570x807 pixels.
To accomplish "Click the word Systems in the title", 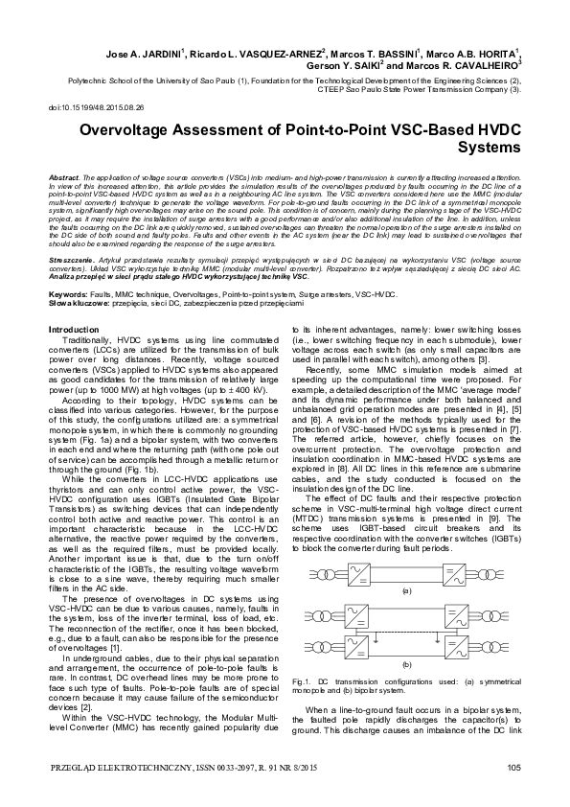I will (490, 150).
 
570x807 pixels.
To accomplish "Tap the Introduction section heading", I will (80, 330).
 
